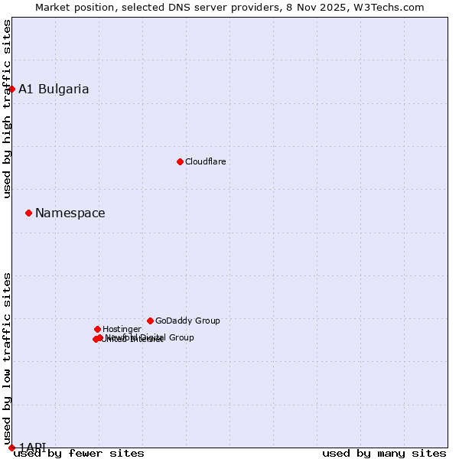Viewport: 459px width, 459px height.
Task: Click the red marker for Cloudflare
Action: pyautogui.click(x=180, y=161)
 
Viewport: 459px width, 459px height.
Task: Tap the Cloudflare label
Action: pyautogui.click(x=206, y=161)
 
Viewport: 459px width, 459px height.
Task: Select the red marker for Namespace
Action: pyautogui.click(x=28, y=213)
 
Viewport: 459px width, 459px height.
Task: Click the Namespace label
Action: pyautogui.click(x=70, y=213)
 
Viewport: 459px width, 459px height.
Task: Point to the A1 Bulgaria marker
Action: pyautogui.click(x=11, y=89)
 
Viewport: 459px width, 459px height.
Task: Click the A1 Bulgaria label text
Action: pyautogui.click(x=54, y=89)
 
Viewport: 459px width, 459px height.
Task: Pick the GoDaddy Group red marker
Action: pyautogui.click(x=150, y=321)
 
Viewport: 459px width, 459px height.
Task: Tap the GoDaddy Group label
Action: pyautogui.click(x=187, y=321)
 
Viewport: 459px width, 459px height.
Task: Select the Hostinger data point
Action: pyautogui.click(x=97, y=329)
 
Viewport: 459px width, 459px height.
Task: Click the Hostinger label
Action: pyautogui.click(x=122, y=329)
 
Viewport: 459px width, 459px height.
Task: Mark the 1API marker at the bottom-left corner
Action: pyautogui.click(x=11, y=448)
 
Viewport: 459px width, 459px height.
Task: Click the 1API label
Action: pyautogui.click(x=32, y=447)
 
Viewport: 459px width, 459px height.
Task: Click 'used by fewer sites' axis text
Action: pyautogui.click(x=79, y=454)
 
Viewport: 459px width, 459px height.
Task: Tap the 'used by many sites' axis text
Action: pyautogui.click(x=384, y=454)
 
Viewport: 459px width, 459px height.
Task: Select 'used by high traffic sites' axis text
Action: pyautogui.click(x=7, y=109)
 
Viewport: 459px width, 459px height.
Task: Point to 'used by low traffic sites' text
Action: pyautogui.click(x=7, y=359)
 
